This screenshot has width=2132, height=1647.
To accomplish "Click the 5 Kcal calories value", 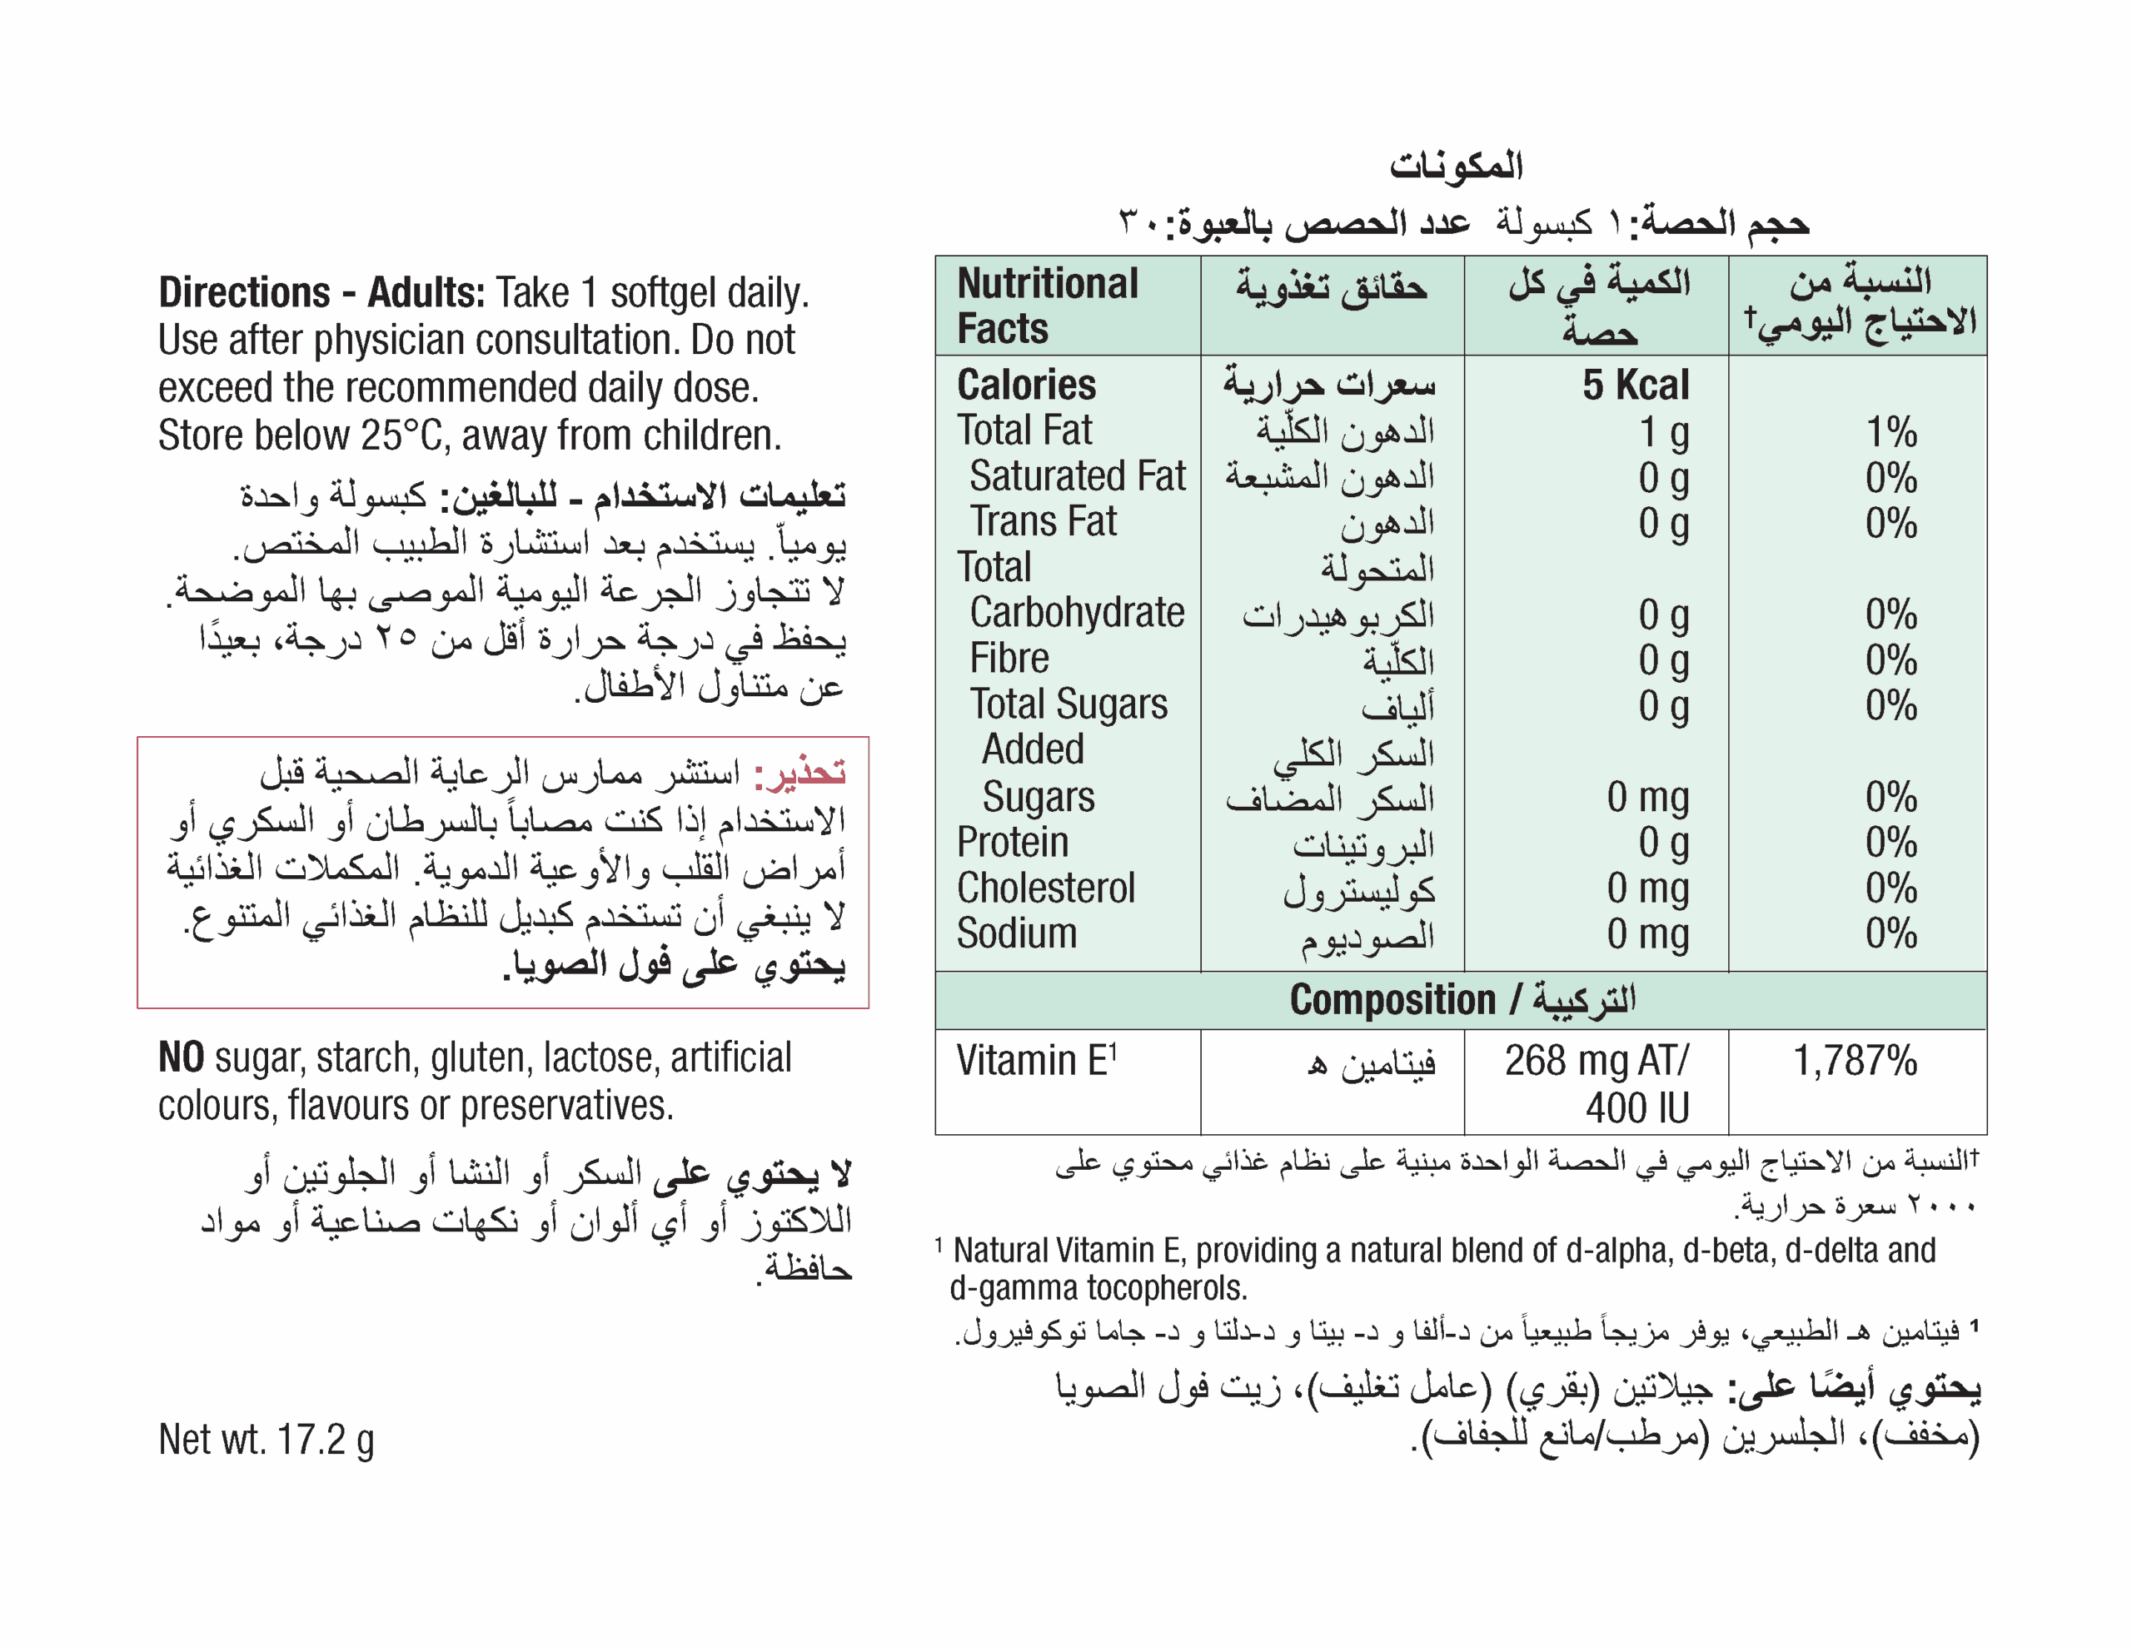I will (1634, 385).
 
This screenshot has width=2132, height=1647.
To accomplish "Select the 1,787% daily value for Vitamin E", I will (1855, 1060).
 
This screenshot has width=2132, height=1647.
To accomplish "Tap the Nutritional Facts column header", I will (1048, 306).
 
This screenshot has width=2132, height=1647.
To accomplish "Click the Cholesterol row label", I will (1045, 888).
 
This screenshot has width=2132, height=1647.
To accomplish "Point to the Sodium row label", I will (1016, 933).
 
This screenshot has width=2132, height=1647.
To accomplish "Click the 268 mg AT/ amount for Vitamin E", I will (1596, 1060).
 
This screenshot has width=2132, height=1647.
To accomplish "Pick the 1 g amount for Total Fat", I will (1663, 430).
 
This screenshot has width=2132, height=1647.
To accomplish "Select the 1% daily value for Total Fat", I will (1890, 430).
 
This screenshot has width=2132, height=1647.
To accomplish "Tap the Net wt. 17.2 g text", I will (266, 1439).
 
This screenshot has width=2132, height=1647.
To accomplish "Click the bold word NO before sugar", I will (181, 1057).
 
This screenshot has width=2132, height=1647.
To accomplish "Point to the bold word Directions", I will (244, 292).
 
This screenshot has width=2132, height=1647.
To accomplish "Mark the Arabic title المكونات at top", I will (1457, 165).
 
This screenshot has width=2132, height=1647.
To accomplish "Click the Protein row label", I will (1013, 843).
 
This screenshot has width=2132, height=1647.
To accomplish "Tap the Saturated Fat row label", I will (1077, 476).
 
